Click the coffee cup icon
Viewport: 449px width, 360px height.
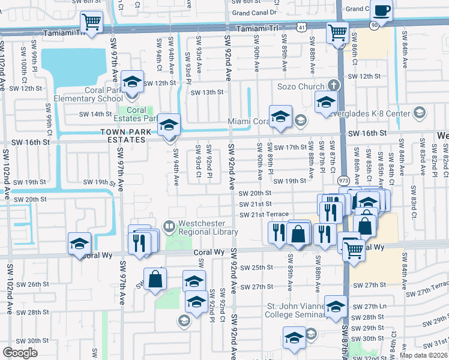(x=381, y=11)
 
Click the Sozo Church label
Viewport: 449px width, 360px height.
(x=300, y=86)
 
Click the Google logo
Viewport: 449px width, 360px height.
(x=20, y=352)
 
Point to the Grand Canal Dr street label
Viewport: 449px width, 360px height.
(x=254, y=12)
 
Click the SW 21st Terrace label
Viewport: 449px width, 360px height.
(x=264, y=215)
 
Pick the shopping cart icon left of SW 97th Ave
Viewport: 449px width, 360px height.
(x=91, y=23)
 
